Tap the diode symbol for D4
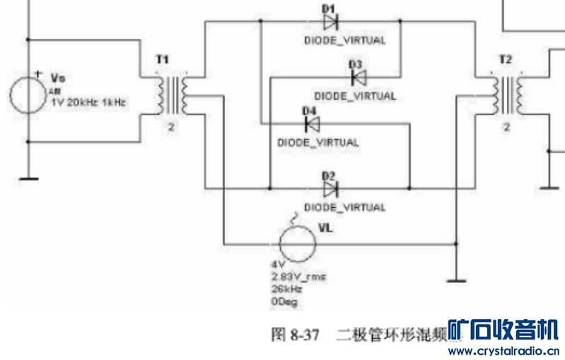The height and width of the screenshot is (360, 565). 311,124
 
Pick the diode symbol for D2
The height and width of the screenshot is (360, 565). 330,189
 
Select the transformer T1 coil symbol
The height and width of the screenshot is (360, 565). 172,95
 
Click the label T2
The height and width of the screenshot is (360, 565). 505,60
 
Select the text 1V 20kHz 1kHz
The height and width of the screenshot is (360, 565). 88,102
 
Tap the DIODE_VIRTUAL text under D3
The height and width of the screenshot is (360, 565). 354,95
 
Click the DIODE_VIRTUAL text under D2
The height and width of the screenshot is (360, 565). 345,207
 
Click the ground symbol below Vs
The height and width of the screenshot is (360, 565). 28,179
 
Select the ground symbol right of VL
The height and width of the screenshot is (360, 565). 457,281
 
